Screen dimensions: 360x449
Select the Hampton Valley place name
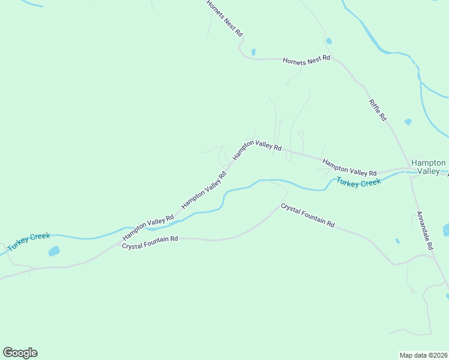coord(429,167)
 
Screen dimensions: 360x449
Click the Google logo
coord(20,353)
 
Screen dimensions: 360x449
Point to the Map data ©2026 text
coord(423,355)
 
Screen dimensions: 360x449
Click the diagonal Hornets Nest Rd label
coord(224,17)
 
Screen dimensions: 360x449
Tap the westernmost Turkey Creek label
coord(28,241)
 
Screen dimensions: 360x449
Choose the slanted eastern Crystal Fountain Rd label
coord(307,215)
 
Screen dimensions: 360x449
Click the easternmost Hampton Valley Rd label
coord(349,167)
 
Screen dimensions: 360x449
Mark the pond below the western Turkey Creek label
coord(54,251)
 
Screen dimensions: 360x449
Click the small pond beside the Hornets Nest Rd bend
coord(253,52)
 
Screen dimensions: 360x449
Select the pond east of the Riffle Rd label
coord(408,122)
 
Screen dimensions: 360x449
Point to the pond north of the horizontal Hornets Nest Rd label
coord(328,41)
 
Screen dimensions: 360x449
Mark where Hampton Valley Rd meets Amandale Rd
coord(410,173)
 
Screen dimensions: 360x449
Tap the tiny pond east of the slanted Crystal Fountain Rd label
coord(397,241)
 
